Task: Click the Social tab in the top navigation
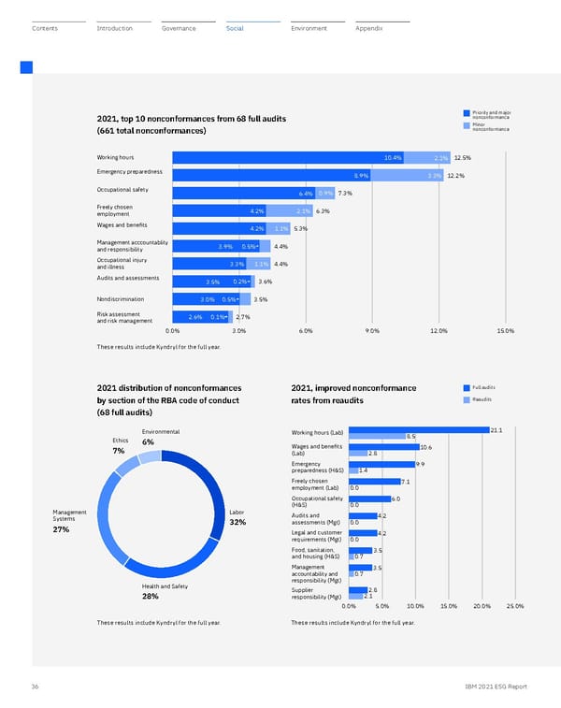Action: [x=235, y=29]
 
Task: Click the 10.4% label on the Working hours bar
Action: [x=393, y=157]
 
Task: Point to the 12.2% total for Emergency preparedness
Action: [x=456, y=176]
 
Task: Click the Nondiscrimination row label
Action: [x=121, y=299]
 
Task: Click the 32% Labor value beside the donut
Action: [x=237, y=522]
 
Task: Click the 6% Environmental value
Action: [x=148, y=442]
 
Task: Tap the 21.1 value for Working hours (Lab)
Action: [x=496, y=429]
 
